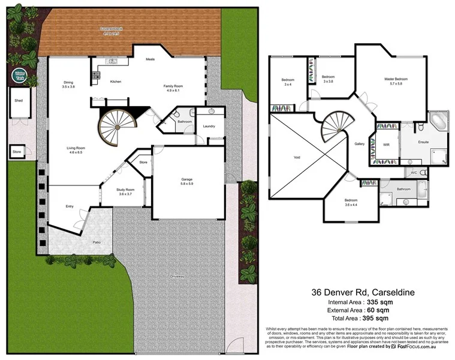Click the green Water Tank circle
pos(19,75)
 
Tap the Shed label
pos(18,100)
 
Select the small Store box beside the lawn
pos(17,152)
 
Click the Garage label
pos(188,179)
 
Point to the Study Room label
pos(122,192)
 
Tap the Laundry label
pos(209,126)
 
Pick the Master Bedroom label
pos(396,81)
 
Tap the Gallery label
pos(360,144)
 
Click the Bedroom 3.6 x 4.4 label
pos(351,202)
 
